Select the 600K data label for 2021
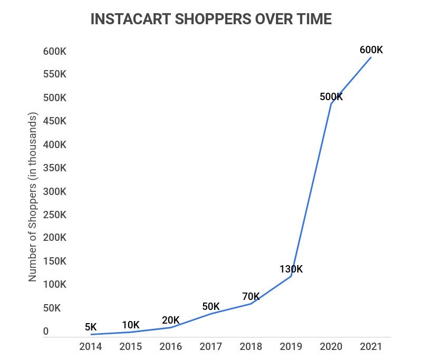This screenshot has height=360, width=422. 371,50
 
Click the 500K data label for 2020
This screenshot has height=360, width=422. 331,97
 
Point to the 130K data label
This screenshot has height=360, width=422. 291,269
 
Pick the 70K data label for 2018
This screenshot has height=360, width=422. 251,296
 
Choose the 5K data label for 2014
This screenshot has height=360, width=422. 91,328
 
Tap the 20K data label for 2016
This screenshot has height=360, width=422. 170,320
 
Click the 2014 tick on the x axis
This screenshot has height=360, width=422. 91,346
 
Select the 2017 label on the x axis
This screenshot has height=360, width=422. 210,346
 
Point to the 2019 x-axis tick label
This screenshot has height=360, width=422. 291,346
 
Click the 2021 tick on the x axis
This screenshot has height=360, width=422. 371,346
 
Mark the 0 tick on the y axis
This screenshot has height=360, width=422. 46,332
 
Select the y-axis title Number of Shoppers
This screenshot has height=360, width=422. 33,197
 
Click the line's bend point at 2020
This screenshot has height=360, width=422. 331,103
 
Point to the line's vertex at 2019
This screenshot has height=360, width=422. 291,276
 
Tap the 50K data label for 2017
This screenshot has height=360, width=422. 210,307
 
